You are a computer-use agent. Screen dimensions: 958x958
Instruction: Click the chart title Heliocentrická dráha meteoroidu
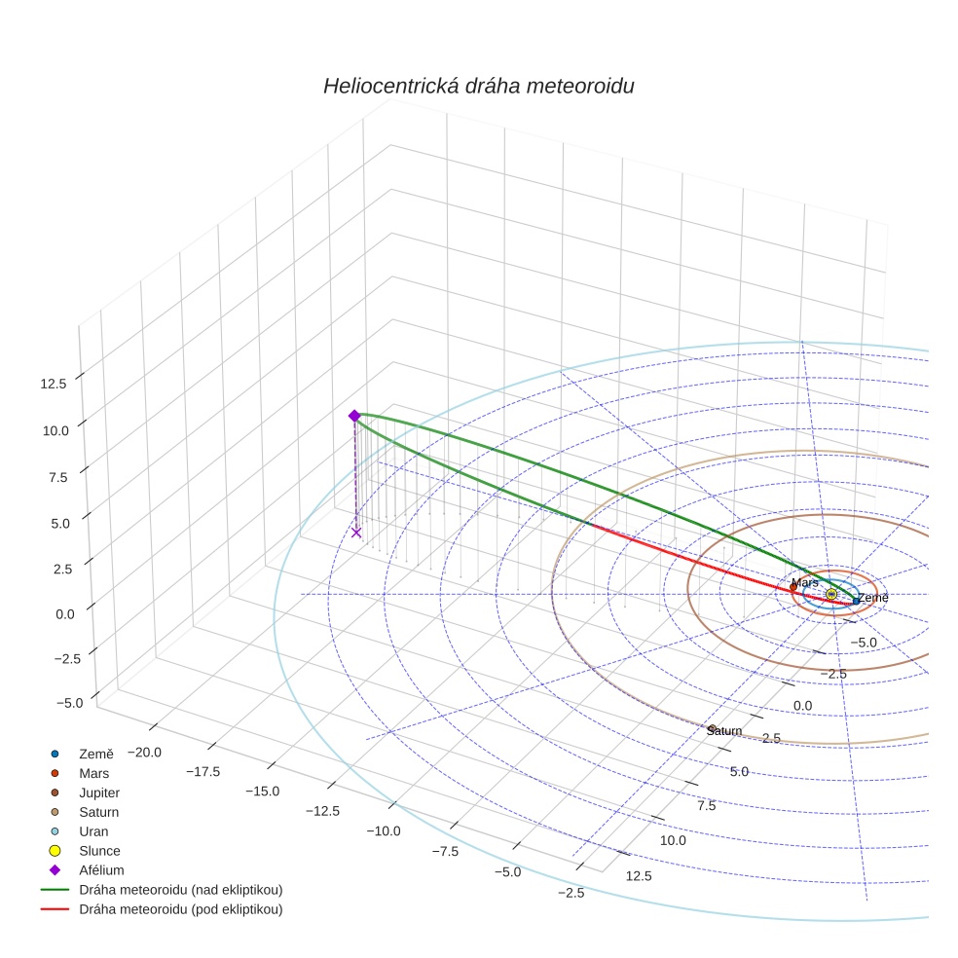point(478,87)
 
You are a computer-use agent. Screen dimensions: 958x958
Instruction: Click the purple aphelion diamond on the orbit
point(354,416)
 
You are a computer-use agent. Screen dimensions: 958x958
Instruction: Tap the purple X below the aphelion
point(356,533)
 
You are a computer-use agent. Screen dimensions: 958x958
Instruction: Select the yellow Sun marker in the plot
point(830,594)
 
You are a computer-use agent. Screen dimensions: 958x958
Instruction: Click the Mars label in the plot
point(804,582)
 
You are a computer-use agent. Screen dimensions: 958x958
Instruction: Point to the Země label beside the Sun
point(872,597)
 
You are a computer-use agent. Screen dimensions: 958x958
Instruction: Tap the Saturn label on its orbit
point(724,730)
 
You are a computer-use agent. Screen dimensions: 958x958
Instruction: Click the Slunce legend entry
point(99,851)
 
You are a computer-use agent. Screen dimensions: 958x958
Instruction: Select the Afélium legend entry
point(101,870)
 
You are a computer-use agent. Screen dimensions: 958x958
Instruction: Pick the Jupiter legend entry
point(99,792)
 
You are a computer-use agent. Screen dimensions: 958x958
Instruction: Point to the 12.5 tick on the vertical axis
point(54,384)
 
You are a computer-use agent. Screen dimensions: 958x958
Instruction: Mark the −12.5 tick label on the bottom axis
point(321,811)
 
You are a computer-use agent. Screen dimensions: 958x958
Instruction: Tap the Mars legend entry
point(93,773)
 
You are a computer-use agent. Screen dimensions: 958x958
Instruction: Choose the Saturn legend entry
point(98,812)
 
